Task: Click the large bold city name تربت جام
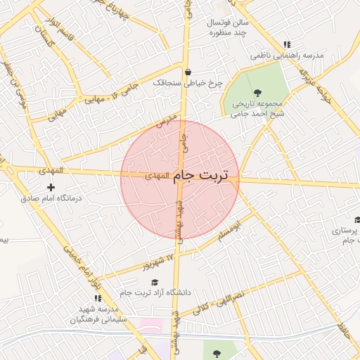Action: point(205,174)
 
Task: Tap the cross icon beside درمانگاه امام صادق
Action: point(51,187)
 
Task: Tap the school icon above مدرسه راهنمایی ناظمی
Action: point(287,44)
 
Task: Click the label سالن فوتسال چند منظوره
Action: point(223,27)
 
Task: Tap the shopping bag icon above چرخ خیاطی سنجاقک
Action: point(188,72)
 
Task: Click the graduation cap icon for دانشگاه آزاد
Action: point(155,282)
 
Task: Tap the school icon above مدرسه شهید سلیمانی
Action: point(98,298)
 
